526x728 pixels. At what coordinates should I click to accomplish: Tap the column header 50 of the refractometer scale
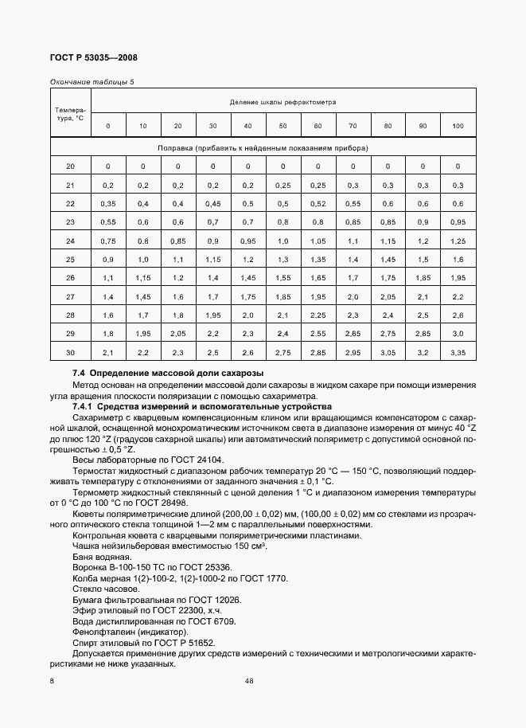pyautogui.click(x=282, y=126)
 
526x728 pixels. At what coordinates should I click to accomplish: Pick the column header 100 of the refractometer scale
pyautogui.click(x=458, y=126)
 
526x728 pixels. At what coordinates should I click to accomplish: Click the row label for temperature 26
pyautogui.click(x=70, y=277)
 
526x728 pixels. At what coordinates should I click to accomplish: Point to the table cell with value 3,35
pyautogui.click(x=458, y=351)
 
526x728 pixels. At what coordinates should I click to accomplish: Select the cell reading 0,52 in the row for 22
pyautogui.click(x=318, y=203)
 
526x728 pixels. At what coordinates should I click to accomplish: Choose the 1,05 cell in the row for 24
pyautogui.click(x=318, y=241)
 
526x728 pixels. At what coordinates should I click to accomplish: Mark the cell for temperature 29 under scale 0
pyautogui.click(x=107, y=333)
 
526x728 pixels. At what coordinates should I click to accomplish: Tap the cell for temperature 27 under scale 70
pyautogui.click(x=353, y=296)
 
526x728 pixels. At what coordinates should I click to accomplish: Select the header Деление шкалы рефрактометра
pyautogui.click(x=282, y=102)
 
